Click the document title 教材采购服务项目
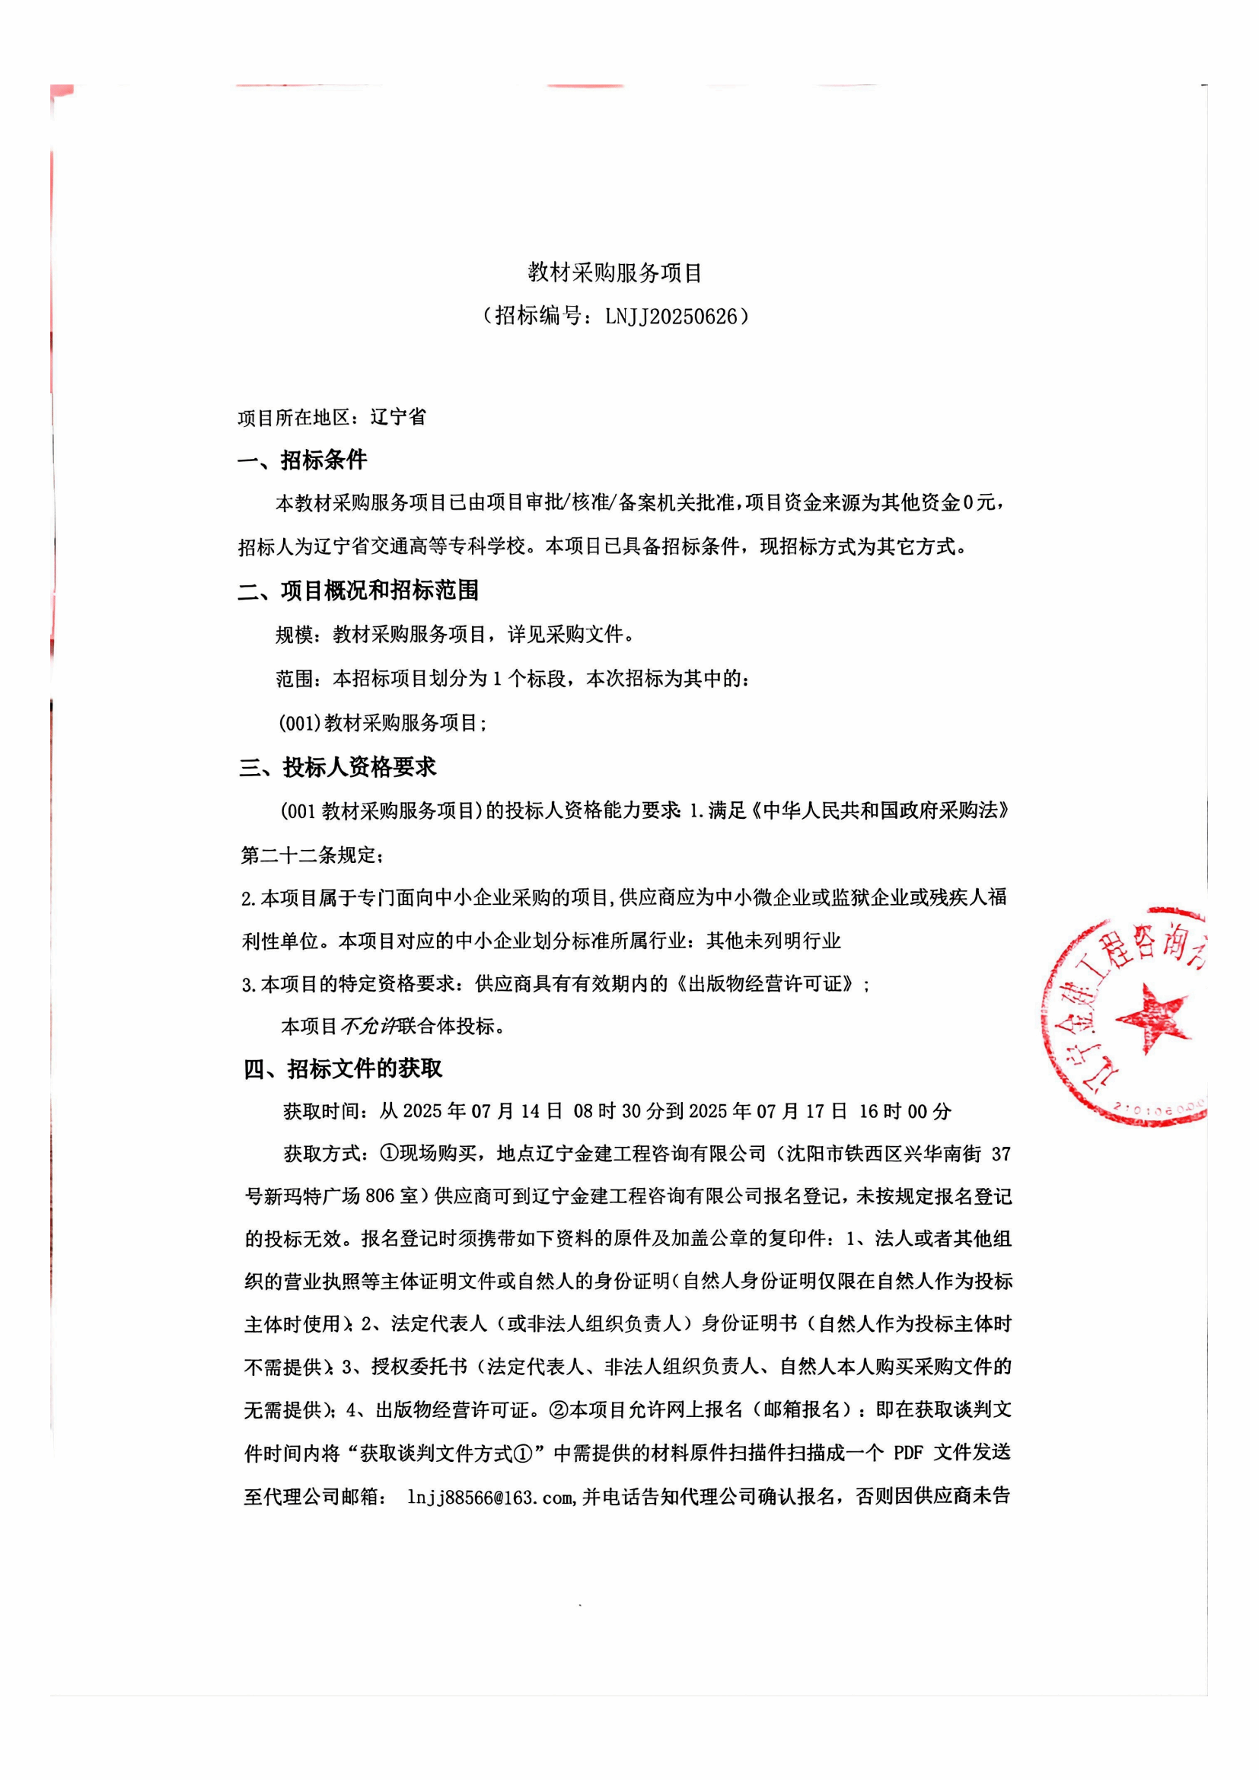(x=615, y=272)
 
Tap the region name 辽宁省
(x=398, y=417)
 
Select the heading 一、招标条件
(x=302, y=460)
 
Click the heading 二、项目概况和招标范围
(x=359, y=591)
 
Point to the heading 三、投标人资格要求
(x=338, y=768)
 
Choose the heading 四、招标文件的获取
(x=343, y=1069)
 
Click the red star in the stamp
(x=1152, y=1017)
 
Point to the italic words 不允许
(x=369, y=1027)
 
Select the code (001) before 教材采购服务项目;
(x=300, y=723)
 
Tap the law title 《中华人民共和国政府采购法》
(x=881, y=811)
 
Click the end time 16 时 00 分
(x=905, y=1111)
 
